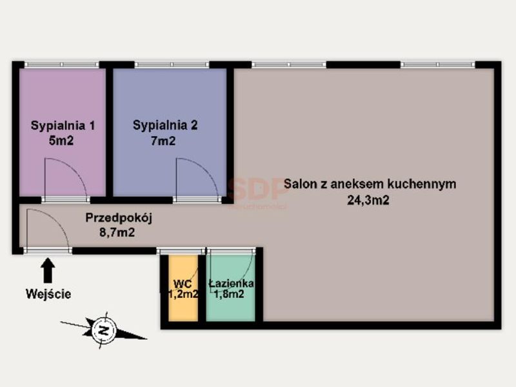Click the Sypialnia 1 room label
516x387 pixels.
(63, 126)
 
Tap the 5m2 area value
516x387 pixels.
(61, 141)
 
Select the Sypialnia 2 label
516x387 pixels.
(165, 125)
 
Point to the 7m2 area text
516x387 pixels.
(163, 141)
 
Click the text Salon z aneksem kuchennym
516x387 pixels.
(370, 184)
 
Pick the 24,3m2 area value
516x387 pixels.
(368, 200)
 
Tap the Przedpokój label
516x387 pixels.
(119, 218)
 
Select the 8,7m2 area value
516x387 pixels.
(117, 232)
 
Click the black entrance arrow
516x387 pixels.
(48, 270)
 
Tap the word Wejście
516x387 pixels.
(48, 294)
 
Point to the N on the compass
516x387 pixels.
(104, 330)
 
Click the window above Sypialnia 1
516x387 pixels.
(62, 64)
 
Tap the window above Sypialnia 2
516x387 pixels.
(172, 64)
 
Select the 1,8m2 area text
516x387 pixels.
(229, 294)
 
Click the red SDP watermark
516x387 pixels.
(259, 189)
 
